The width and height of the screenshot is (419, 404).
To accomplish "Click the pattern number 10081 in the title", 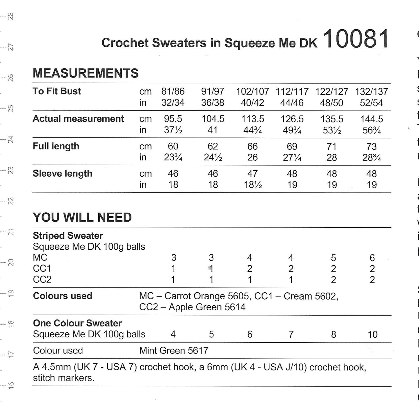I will (x=356, y=39).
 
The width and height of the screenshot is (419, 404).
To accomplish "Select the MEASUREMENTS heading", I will (x=86, y=73).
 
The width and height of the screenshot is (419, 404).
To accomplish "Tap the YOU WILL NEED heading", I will (x=82, y=217).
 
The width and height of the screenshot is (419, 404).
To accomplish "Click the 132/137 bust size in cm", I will (x=371, y=92).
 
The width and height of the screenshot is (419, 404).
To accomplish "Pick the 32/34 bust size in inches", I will (x=173, y=103).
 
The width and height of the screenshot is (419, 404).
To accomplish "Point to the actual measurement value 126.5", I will (x=292, y=119).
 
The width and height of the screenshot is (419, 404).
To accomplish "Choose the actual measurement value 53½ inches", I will (x=332, y=130).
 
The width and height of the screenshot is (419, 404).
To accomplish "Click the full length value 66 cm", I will (x=252, y=146).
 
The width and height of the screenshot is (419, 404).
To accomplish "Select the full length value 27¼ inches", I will (x=292, y=157).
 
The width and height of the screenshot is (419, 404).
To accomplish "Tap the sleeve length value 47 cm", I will (x=252, y=173).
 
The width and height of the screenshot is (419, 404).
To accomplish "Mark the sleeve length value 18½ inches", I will (x=252, y=185).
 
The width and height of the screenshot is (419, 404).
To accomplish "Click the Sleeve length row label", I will (x=62, y=173).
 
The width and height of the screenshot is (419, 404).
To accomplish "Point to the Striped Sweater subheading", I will (x=68, y=235).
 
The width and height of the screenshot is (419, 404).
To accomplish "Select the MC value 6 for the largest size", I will (x=372, y=258).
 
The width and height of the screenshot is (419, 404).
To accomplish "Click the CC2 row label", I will (x=42, y=280).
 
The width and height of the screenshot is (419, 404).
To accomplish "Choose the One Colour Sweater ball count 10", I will (x=372, y=334).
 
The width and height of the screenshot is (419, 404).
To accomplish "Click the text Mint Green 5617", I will (x=174, y=351).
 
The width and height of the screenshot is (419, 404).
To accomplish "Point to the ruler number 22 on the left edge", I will (x=11, y=201).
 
